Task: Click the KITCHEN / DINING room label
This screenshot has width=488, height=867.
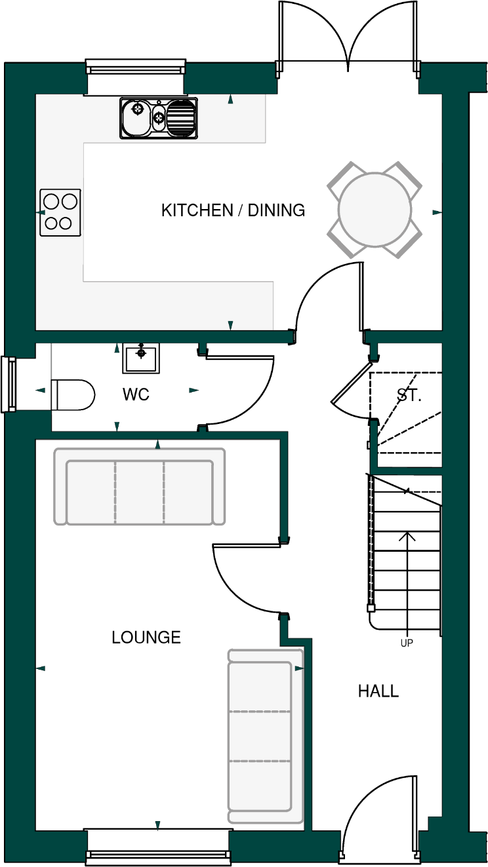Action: [x=233, y=210]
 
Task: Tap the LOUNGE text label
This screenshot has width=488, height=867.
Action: [x=146, y=637]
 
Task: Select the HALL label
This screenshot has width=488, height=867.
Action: [x=378, y=691]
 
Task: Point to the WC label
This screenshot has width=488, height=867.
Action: [x=136, y=395]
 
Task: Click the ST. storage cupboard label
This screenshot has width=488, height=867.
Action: [x=409, y=395]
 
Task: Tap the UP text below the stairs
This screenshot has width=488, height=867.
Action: [x=407, y=644]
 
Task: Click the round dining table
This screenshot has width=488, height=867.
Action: [x=374, y=210]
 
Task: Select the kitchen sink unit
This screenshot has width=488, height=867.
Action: [x=158, y=118]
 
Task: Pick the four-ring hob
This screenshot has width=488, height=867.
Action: [x=60, y=212]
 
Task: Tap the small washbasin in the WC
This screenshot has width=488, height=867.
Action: [x=141, y=358]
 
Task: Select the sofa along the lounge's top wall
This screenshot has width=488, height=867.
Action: [x=139, y=486]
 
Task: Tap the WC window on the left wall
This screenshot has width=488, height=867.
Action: [x=9, y=384]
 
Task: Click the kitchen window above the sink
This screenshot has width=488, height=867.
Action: [x=135, y=69]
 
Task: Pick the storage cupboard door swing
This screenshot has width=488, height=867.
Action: [x=351, y=393]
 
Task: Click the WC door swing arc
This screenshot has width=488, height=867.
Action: [x=249, y=393]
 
